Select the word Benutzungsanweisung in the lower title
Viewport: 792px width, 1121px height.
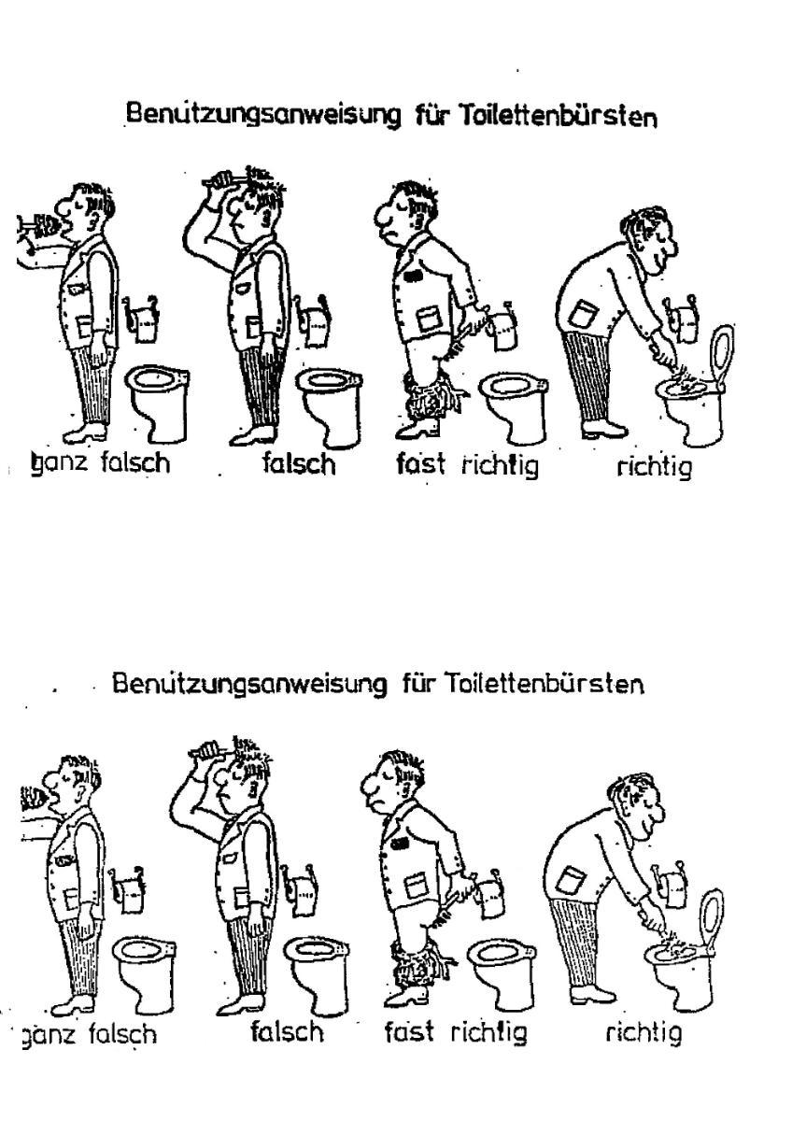(x=249, y=684)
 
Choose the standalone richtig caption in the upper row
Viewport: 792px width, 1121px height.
(x=655, y=467)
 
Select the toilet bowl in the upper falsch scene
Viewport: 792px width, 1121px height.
(x=328, y=405)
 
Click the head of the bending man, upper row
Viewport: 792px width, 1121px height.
(x=650, y=240)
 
